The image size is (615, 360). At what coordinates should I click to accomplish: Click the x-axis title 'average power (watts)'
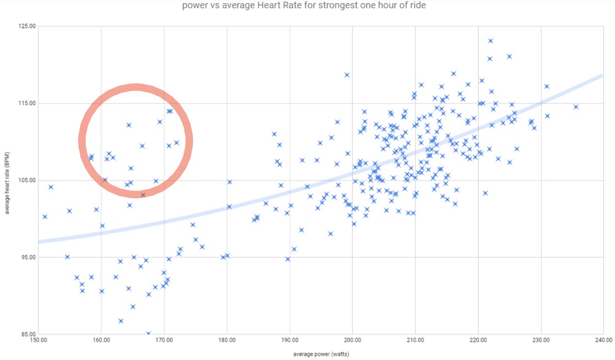tap(321, 353)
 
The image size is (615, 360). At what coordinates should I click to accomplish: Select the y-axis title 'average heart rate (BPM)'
tap(7, 180)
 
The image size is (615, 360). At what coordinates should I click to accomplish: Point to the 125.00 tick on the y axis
tap(27, 26)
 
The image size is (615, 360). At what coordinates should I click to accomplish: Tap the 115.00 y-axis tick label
tap(27, 103)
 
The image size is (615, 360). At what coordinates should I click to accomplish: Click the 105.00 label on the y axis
tap(27, 180)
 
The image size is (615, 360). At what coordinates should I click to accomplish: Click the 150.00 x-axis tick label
tap(39, 340)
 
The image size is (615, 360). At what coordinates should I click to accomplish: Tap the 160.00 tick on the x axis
tap(101, 340)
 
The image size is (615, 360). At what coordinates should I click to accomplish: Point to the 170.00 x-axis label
tap(164, 340)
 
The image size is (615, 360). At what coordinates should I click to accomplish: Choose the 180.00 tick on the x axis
tap(227, 340)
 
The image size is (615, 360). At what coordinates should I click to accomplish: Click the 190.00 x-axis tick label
tap(290, 340)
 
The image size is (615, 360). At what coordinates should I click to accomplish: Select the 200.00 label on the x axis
tap(353, 340)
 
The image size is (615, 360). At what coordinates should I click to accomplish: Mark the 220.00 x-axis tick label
tap(478, 340)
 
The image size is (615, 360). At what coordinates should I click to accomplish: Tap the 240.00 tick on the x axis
tap(603, 340)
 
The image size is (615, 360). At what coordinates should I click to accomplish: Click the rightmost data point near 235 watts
tap(576, 107)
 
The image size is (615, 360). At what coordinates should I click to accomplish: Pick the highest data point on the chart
tap(491, 41)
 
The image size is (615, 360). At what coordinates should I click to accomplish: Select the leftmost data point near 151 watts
tap(45, 216)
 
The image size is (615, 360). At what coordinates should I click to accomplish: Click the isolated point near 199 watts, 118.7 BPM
tap(347, 75)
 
